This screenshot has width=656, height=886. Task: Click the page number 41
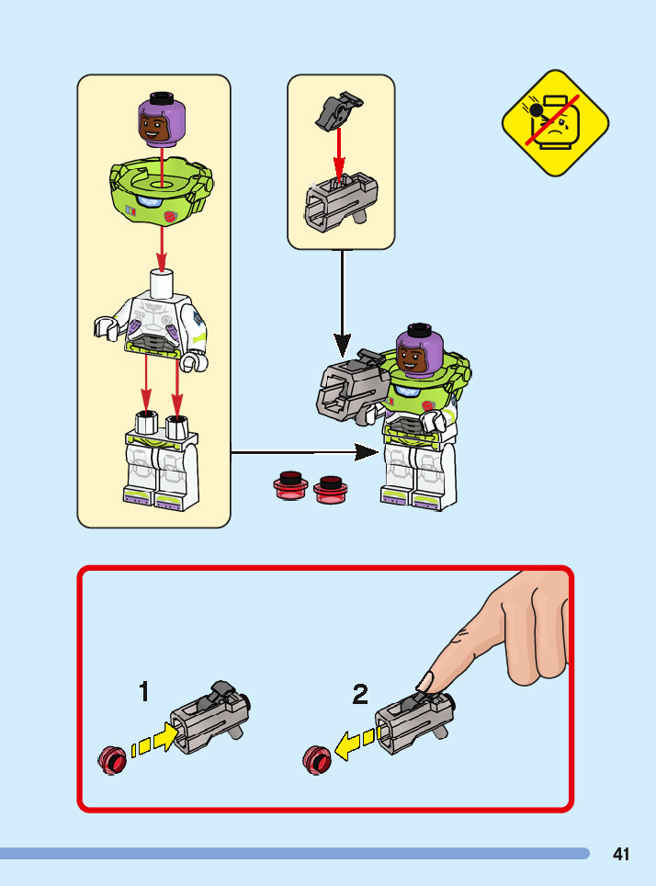coord(621,854)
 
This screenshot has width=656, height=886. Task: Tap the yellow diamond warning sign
coord(555,122)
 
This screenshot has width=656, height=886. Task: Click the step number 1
coord(144,691)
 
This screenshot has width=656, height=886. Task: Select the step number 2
coord(360,694)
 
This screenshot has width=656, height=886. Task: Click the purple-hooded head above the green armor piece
coord(162,119)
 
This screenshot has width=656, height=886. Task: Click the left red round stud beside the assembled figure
coord(290,484)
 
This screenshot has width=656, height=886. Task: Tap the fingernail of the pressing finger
coord(424,682)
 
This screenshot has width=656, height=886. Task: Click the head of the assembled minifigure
coord(420,353)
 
